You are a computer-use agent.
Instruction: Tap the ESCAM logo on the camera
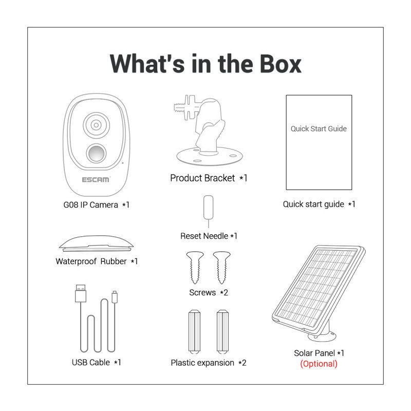pyautogui.click(x=96, y=179)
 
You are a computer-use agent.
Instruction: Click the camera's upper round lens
pyautogui.click(x=96, y=125)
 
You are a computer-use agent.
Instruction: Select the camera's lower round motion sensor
pyautogui.click(x=96, y=153)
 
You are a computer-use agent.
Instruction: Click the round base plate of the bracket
pyautogui.click(x=210, y=157)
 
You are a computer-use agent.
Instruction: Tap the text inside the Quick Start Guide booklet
pyautogui.click(x=319, y=129)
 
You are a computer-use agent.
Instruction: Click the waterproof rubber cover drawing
pyautogui.click(x=96, y=243)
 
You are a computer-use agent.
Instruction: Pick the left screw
pyautogui.click(x=195, y=267)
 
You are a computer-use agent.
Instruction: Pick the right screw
pyautogui.click(x=222, y=267)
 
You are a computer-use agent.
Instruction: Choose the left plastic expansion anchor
pyautogui.click(x=194, y=331)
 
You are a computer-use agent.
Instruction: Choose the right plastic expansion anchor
pyautogui.click(x=222, y=331)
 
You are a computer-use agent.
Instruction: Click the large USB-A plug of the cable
pyautogui.click(x=81, y=293)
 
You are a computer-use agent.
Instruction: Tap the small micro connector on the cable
pyautogui.click(x=114, y=297)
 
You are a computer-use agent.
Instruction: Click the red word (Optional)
pyautogui.click(x=319, y=364)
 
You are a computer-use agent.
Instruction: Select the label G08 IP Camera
pyautogui.click(x=91, y=204)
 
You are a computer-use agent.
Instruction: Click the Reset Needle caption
pyautogui.click(x=209, y=236)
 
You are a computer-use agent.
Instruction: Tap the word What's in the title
pyautogui.click(x=147, y=64)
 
